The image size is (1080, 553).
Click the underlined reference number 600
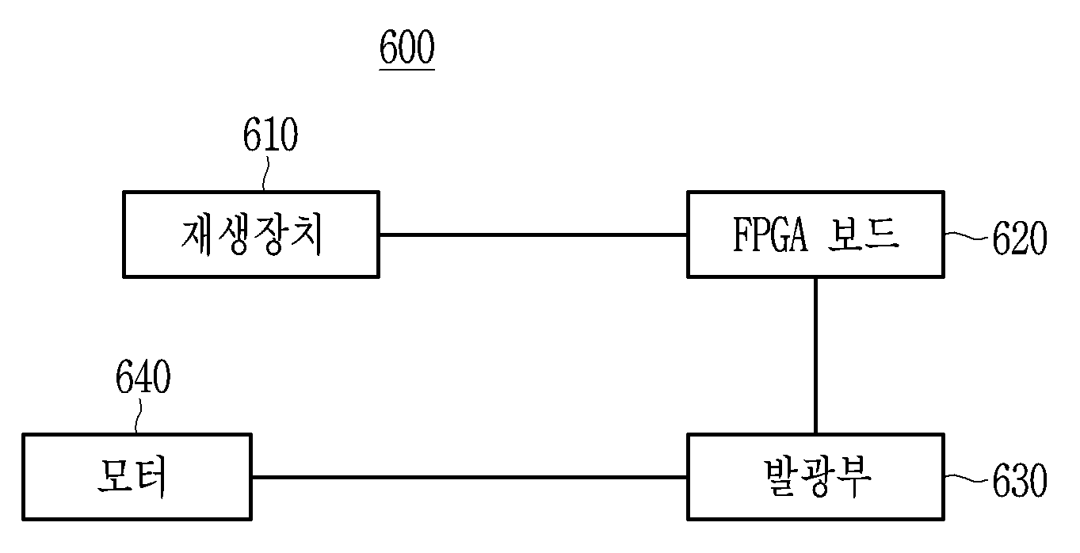point(407,47)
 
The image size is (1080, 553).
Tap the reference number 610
point(270,135)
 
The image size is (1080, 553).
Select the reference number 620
point(1019,237)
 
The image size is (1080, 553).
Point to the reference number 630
point(1019,480)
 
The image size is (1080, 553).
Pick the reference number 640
point(143,376)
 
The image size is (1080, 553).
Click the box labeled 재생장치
point(251,235)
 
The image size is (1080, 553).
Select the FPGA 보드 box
point(815,235)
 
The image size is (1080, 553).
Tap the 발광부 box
point(815,477)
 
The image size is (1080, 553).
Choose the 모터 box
point(137,477)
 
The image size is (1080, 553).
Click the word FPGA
point(770,235)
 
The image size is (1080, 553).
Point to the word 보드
point(864,234)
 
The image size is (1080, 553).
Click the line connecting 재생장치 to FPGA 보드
point(533,235)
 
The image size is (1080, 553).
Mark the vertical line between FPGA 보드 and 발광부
point(815,356)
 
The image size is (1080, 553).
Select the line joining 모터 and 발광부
point(470,477)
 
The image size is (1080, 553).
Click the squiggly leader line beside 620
point(967,236)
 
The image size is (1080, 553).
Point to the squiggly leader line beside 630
point(967,479)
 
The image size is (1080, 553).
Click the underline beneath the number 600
point(407,70)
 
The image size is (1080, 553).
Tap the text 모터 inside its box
point(132,477)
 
